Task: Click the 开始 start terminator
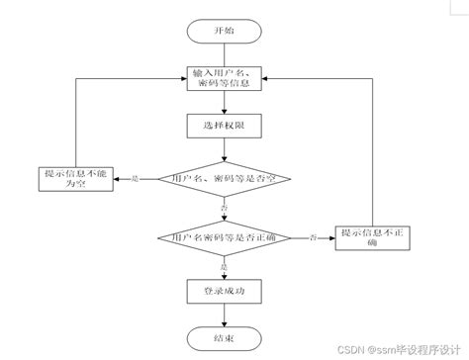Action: pyautogui.click(x=226, y=31)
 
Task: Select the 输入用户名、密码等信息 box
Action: pyautogui.click(x=226, y=78)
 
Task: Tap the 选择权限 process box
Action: pyautogui.click(x=226, y=126)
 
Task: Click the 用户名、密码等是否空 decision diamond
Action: pyautogui.click(x=226, y=178)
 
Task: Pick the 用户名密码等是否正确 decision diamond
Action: pyautogui.click(x=226, y=237)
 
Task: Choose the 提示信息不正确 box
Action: pyautogui.click(x=372, y=237)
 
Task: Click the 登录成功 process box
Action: pyautogui.click(x=226, y=291)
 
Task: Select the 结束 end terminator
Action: pyautogui.click(x=226, y=338)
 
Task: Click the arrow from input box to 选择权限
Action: pyautogui.click(x=226, y=102)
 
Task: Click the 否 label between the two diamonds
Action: pyautogui.click(x=225, y=209)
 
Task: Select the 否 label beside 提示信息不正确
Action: pyautogui.click(x=314, y=237)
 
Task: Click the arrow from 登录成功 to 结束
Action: pyautogui.click(x=226, y=315)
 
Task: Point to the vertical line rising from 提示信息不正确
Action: pyautogui.click(x=372, y=148)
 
